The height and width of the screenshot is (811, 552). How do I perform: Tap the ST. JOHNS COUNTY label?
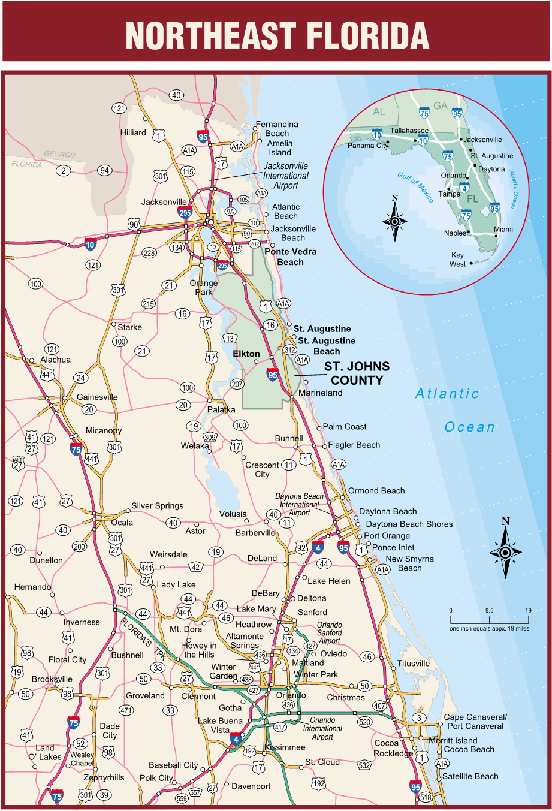357,373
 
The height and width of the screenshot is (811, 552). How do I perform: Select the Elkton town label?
246,354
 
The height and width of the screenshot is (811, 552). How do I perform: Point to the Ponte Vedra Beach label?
290,257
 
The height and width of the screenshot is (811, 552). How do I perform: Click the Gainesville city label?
97,397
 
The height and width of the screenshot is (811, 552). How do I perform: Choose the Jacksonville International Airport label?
286,176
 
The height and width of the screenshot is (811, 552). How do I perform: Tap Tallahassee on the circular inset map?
409,131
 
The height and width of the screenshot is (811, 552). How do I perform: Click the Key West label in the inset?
457,259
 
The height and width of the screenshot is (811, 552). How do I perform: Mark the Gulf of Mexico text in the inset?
415,187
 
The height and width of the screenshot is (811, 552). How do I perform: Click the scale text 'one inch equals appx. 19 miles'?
489,629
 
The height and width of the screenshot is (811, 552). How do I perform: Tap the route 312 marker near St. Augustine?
290,350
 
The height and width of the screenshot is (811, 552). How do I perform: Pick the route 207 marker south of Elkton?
237,384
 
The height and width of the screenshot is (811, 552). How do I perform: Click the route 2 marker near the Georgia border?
64,171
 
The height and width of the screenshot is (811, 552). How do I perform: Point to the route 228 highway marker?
149,253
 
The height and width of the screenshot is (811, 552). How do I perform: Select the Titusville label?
414,663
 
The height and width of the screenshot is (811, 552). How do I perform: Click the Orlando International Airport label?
322,728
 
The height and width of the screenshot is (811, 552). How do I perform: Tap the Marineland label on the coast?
321,393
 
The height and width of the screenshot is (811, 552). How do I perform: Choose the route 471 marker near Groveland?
126,710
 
